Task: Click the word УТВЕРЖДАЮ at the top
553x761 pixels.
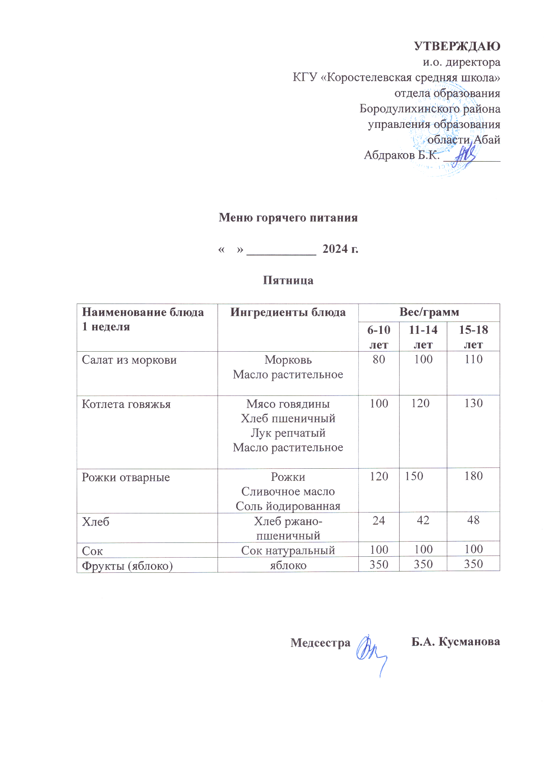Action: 457,46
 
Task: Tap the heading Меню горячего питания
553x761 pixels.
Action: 288,217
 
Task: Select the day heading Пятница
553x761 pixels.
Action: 288,280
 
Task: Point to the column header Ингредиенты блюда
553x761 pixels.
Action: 288,312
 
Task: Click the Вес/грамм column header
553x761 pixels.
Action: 429,312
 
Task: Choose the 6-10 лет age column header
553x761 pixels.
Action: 379,337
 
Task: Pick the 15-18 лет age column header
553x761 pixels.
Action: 473,337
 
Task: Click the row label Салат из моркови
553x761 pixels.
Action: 129,360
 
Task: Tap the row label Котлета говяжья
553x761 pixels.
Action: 126,404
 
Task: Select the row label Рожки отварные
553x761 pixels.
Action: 126,477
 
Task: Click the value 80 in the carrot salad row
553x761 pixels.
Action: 379,359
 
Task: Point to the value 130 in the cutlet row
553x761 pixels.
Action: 473,403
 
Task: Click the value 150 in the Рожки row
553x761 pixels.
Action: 414,476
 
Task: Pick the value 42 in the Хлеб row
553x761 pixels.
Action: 423,520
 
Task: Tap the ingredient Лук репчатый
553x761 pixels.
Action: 288,433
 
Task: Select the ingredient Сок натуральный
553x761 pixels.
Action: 288,550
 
